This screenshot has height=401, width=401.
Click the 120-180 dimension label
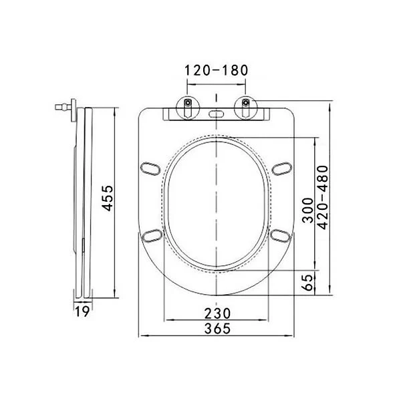pyautogui.click(x=216, y=70)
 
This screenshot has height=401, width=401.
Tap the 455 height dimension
pyautogui.click(x=108, y=198)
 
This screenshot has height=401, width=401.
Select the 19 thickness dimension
pyautogui.click(x=82, y=311)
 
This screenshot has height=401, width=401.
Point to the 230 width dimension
pyautogui.click(x=217, y=313)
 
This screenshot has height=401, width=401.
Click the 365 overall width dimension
pyautogui.click(x=217, y=328)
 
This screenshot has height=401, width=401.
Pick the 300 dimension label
pyautogui.click(x=307, y=211)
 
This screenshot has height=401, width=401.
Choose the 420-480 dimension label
pyautogui.click(x=323, y=197)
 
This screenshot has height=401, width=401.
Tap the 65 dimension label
pyautogui.click(x=307, y=282)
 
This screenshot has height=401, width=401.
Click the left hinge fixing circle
pyautogui.click(x=188, y=108)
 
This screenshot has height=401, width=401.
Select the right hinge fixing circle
pyautogui.click(x=246, y=108)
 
